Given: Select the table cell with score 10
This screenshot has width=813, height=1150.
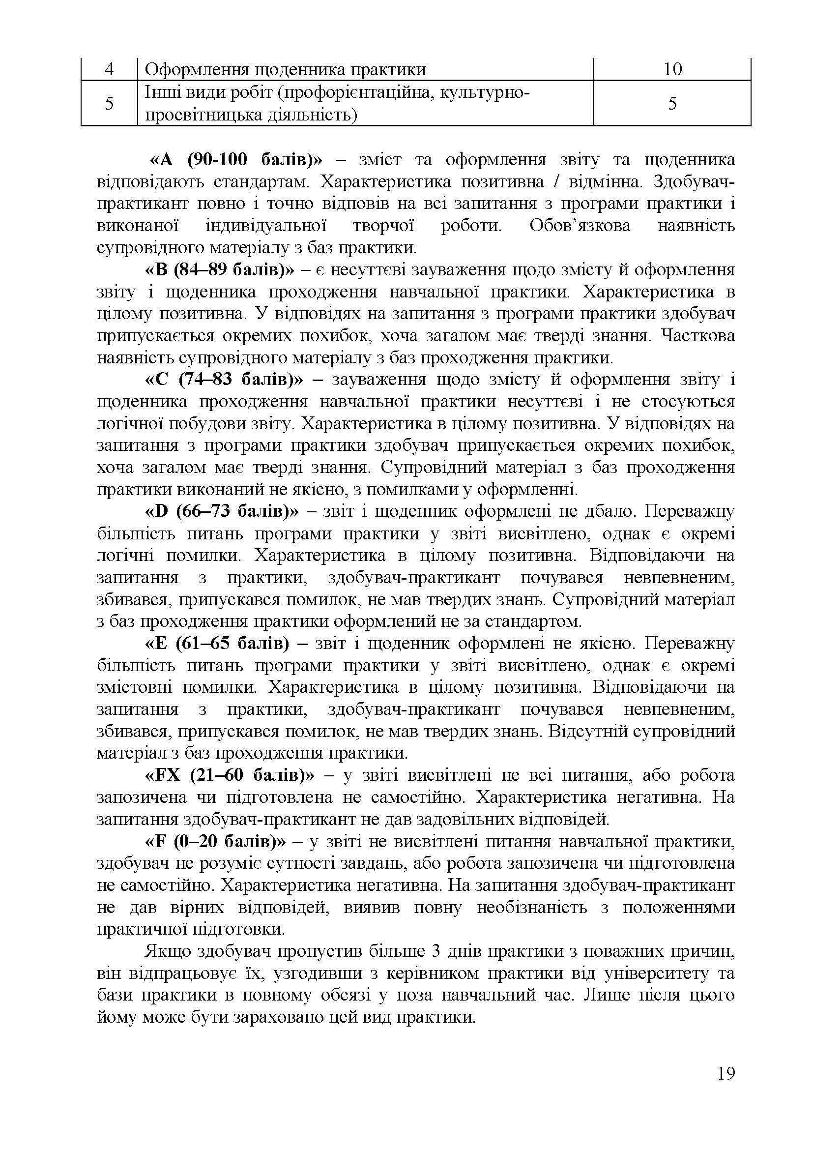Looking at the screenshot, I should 672,69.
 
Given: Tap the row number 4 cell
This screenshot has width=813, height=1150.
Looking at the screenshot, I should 109,69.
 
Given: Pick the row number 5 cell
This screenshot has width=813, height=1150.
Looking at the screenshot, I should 109,103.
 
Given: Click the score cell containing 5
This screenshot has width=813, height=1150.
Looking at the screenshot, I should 672,103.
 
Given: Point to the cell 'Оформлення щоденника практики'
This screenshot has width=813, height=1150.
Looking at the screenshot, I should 286,69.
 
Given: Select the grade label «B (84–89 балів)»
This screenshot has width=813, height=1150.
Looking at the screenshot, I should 220,270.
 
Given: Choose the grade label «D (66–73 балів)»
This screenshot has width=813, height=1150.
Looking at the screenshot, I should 221,511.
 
